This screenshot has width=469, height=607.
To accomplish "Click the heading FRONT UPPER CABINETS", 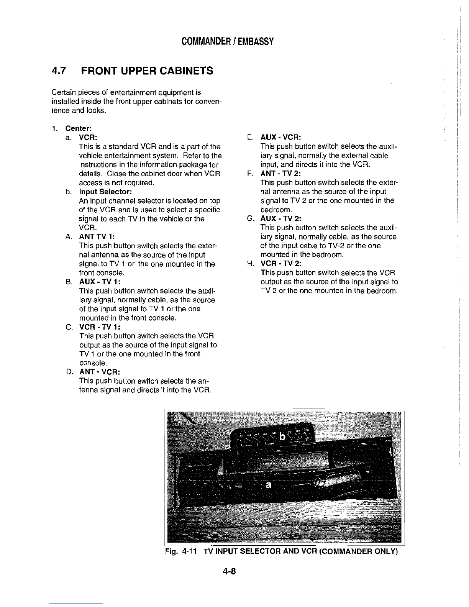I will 147,71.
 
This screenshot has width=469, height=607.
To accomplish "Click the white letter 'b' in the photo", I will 283,436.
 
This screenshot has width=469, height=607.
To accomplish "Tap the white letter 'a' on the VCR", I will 269,485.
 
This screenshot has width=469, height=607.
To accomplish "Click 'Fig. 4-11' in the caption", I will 181,552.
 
